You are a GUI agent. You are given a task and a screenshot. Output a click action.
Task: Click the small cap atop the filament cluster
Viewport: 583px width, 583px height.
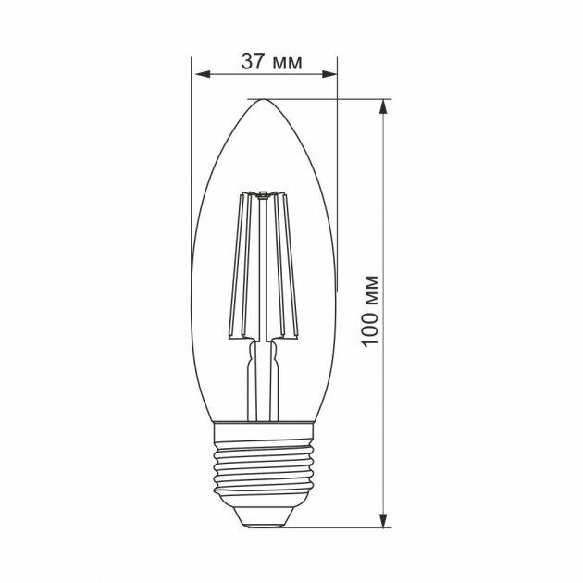click(263, 193)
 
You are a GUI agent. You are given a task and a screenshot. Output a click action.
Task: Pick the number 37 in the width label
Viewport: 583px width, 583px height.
click(251, 62)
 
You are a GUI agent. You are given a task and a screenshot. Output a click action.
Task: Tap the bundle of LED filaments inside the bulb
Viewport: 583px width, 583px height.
click(263, 268)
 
